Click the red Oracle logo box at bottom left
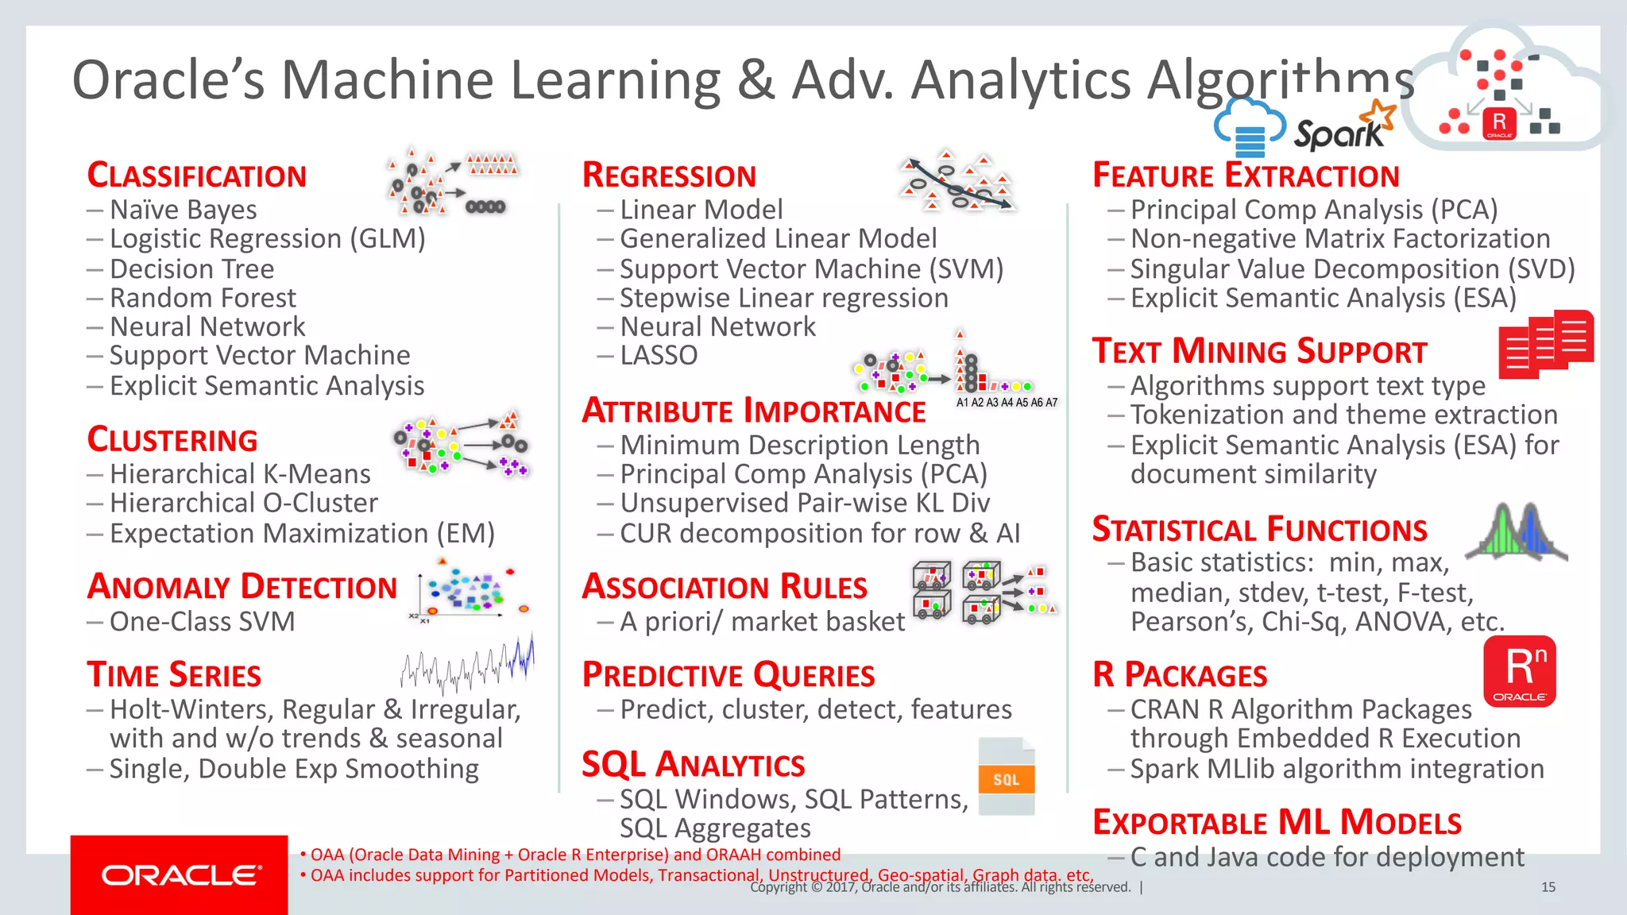click(x=179, y=874)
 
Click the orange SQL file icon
click(x=1006, y=777)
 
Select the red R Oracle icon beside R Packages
click(x=1519, y=671)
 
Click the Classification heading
click(x=196, y=176)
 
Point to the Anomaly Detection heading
click(x=242, y=587)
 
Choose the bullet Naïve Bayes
click(x=183, y=210)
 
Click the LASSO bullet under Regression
click(x=658, y=355)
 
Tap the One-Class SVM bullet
click(x=202, y=621)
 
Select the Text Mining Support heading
click(x=1259, y=351)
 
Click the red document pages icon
click(x=1545, y=344)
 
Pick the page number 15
click(x=1548, y=887)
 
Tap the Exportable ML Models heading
click(x=1277, y=823)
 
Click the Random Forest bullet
click(x=203, y=298)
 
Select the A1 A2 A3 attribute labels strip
click(x=1007, y=403)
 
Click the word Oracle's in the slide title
click(x=168, y=80)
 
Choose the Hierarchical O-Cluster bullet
click(x=243, y=503)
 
